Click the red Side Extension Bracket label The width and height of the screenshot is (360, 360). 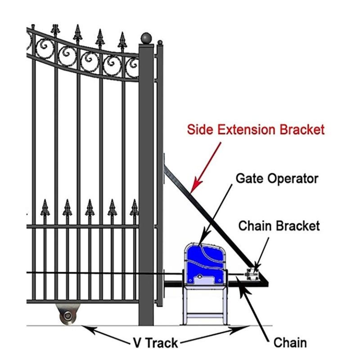(x=255, y=130)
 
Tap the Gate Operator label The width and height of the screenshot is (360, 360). (x=276, y=178)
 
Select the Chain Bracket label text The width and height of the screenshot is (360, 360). (x=279, y=225)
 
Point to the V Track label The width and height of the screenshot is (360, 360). (x=155, y=343)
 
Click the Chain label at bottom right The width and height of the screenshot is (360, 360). (x=290, y=343)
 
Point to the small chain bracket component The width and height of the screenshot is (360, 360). (x=252, y=273)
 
